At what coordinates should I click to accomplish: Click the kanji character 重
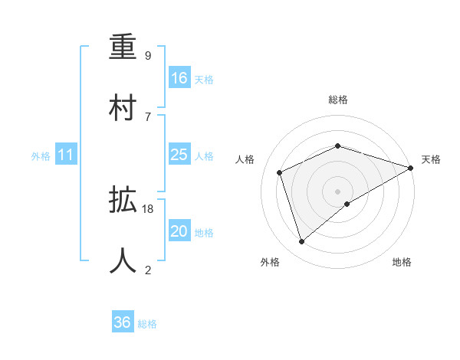pos(123,47)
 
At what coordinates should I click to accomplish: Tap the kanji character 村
pos(123,107)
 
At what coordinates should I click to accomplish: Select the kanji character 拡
pos(123,201)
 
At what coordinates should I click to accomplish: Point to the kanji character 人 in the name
pos(123,260)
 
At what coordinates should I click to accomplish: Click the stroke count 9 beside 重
pos(148,56)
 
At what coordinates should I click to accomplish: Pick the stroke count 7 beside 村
pos(148,116)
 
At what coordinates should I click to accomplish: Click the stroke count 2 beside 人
pos(148,269)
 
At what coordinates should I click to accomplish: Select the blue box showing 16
pos(179,78)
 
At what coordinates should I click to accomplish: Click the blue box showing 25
pos(179,155)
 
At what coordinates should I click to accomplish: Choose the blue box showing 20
pos(179,231)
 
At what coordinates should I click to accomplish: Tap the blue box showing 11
pos(66,155)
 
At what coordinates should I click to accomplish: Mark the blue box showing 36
pos(122,322)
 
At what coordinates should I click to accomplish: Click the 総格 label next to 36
pos(147,324)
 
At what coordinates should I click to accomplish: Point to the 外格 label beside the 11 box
pos(41,156)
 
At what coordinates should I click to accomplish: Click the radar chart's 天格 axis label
pos(431,159)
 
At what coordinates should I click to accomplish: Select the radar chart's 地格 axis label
pos(402,262)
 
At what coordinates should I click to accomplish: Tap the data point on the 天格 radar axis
pos(412,167)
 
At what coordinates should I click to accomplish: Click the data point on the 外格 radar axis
pos(302,242)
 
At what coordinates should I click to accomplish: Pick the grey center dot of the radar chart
pos(337,191)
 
